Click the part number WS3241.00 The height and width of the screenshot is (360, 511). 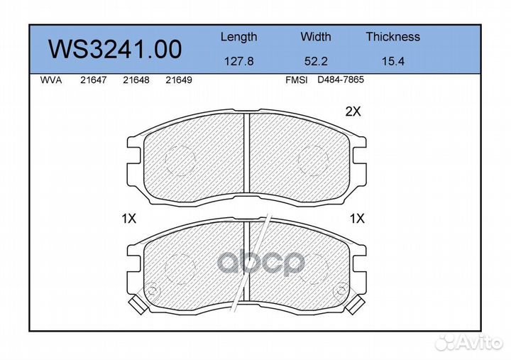click(115, 50)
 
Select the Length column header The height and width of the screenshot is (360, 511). click(239, 37)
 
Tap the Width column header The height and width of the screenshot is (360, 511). click(315, 36)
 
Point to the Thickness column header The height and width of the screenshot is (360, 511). click(392, 36)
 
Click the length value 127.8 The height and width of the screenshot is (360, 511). click(239, 61)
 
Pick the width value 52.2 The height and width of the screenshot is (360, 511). click(315, 61)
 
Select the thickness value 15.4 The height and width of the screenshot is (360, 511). click(392, 61)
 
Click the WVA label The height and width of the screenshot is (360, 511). click(51, 80)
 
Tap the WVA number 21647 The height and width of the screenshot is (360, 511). click(93, 80)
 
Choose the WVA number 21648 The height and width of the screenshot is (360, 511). click(136, 80)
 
